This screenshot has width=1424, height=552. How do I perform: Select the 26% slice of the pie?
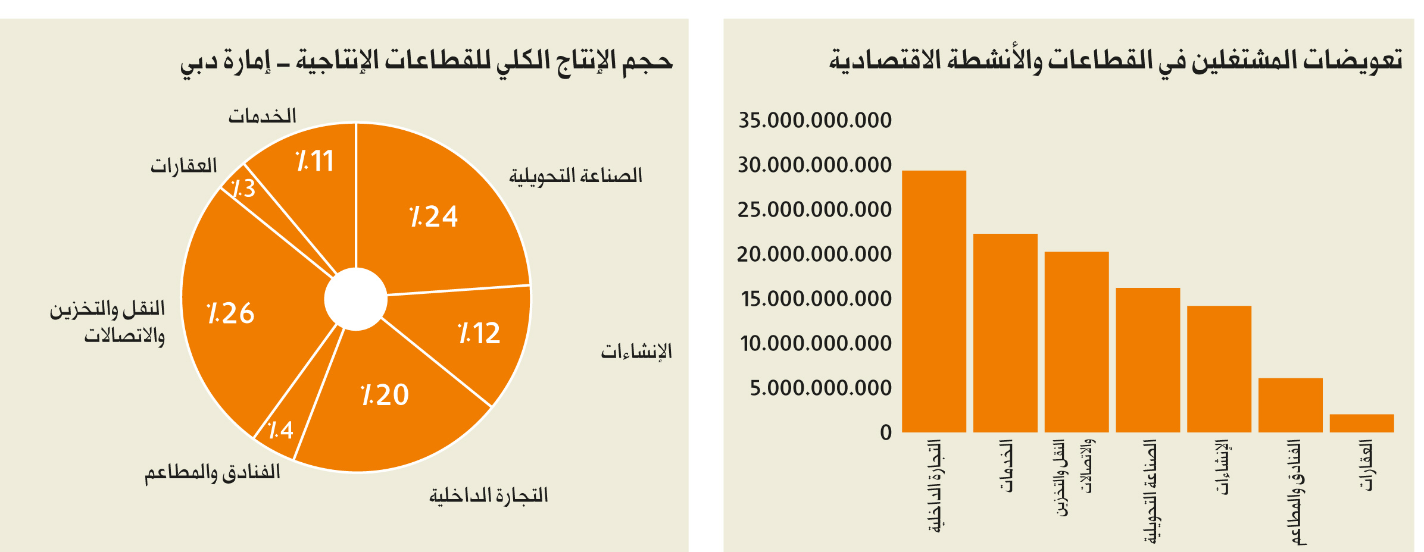(238, 315)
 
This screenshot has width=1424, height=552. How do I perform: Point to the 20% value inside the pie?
(385, 395)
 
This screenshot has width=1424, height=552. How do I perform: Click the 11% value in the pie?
(315, 161)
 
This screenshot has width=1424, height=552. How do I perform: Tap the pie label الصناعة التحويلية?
(576, 176)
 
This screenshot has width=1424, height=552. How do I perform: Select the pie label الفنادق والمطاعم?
(213, 473)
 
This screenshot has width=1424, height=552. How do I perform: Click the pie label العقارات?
(184, 165)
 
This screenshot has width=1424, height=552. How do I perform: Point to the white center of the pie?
(356, 299)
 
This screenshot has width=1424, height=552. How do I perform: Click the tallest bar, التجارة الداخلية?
(934, 301)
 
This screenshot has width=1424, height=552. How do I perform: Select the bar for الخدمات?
(1005, 333)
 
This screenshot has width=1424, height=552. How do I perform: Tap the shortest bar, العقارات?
(1362, 423)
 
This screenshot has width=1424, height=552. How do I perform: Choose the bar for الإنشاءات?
(1219, 369)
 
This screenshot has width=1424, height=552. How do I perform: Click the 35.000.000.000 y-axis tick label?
(815, 120)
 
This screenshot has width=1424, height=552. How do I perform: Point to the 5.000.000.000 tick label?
(821, 388)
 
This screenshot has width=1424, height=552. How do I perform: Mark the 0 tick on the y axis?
(886, 432)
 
